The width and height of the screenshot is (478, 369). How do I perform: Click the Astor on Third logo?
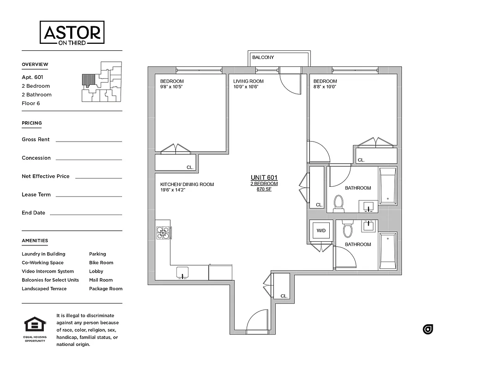(72, 33)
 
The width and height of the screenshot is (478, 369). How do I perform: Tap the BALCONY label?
(263, 58)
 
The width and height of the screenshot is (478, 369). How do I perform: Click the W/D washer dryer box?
(320, 230)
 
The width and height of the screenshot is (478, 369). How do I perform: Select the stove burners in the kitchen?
(163, 232)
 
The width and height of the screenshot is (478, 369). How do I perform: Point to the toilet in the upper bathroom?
(339, 202)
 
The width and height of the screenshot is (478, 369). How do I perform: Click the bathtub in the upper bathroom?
(387, 186)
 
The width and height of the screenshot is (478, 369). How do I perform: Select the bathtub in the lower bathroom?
(387, 251)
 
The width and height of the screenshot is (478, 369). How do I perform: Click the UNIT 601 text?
(264, 178)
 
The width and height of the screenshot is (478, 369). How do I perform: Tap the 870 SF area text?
(264, 189)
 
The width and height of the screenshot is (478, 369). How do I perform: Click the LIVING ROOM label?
(248, 81)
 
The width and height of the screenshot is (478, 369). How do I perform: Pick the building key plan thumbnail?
(102, 82)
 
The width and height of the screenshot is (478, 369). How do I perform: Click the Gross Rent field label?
(36, 139)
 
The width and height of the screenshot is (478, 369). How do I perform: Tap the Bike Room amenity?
(101, 262)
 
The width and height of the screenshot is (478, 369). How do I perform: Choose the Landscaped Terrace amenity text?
(44, 289)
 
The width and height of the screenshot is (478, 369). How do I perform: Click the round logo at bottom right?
(428, 329)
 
